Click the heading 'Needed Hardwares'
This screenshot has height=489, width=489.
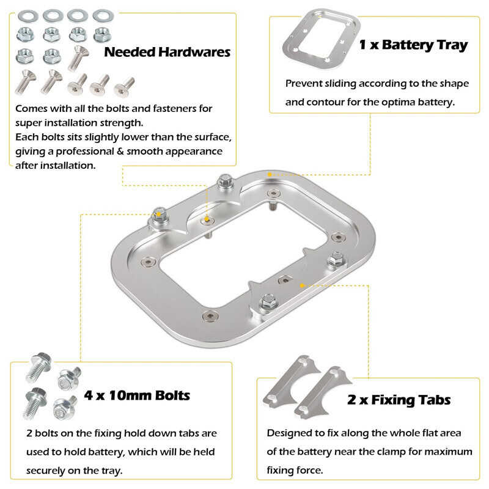click(x=167, y=52)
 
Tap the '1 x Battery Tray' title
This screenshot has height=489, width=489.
click(x=413, y=45)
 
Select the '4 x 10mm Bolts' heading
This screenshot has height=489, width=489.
click(x=145, y=395)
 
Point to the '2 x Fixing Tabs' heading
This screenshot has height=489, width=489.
click(x=399, y=400)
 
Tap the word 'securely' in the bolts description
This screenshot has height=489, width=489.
click(x=53, y=471)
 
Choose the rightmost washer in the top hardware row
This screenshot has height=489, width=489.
click(x=102, y=15)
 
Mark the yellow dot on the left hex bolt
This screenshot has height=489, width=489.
click(x=160, y=214)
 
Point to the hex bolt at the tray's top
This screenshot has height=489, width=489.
click(x=224, y=181)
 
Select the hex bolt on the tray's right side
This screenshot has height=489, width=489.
click(x=334, y=259)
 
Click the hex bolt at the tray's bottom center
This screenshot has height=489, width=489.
click(x=267, y=300)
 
